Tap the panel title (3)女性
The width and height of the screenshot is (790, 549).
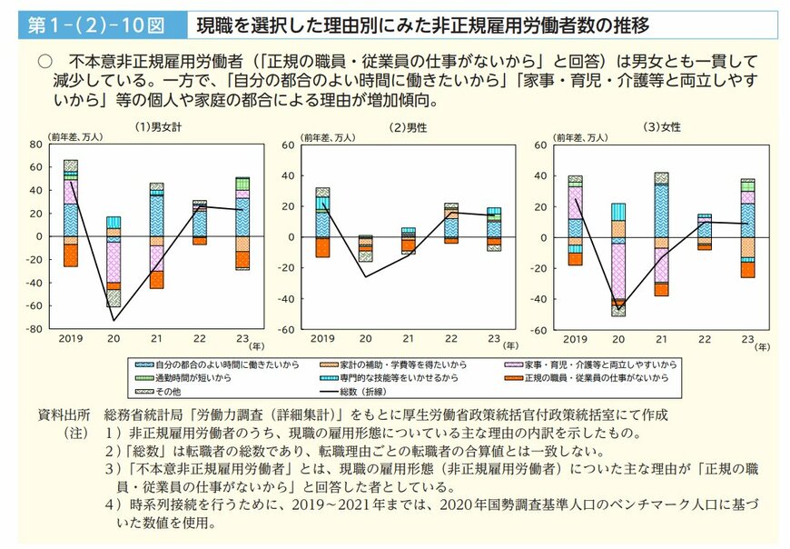[x=660, y=126]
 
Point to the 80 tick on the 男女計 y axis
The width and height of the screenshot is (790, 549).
[x=36, y=144]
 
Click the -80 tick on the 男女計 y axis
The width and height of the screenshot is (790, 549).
[x=35, y=329]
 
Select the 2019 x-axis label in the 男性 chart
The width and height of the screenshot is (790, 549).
[x=322, y=338]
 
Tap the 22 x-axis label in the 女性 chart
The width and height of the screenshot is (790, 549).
[x=705, y=338]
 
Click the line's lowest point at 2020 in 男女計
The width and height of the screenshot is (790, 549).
[x=114, y=320]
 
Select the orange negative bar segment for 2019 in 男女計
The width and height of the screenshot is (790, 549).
[x=71, y=255]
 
